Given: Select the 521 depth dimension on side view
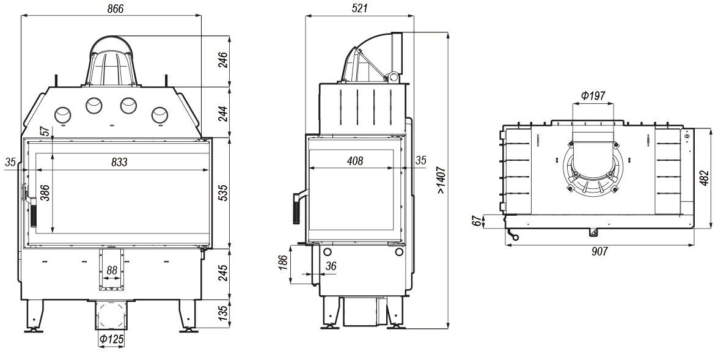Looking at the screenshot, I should pos(361,9).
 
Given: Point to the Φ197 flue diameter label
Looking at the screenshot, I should pos(593,96).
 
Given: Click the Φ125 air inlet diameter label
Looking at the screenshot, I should pos(112,339).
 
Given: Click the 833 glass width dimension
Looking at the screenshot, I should pos(120,162).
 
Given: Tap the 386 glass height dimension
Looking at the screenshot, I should pos(45,193).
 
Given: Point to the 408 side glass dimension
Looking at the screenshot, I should pos(354,161).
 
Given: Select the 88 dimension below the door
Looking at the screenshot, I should pos(112,270).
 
